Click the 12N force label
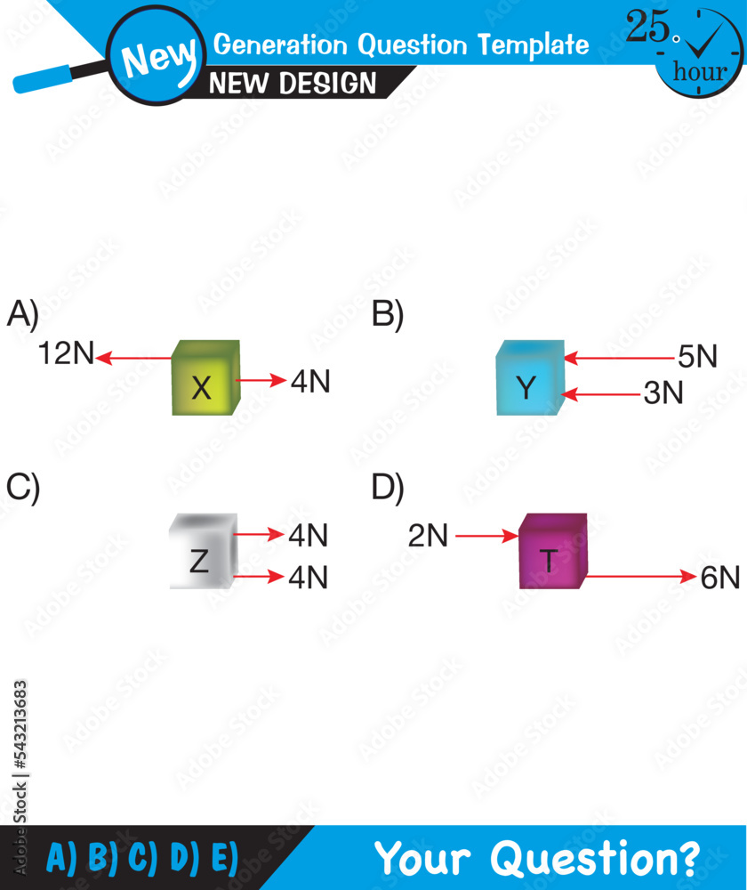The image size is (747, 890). [x=66, y=354]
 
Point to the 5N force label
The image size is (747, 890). [x=697, y=357]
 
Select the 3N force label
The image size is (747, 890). [x=663, y=392]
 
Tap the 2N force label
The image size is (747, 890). [x=429, y=536]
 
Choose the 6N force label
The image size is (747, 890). [x=719, y=578]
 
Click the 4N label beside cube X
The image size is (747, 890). [x=310, y=381]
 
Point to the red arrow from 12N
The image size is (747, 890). [x=134, y=359]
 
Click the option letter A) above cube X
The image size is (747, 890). [x=23, y=315]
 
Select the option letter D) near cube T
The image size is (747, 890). [x=388, y=487]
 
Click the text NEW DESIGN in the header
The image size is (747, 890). [x=293, y=84]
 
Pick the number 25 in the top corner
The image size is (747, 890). [x=648, y=28]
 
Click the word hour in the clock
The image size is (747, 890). [x=700, y=72]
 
